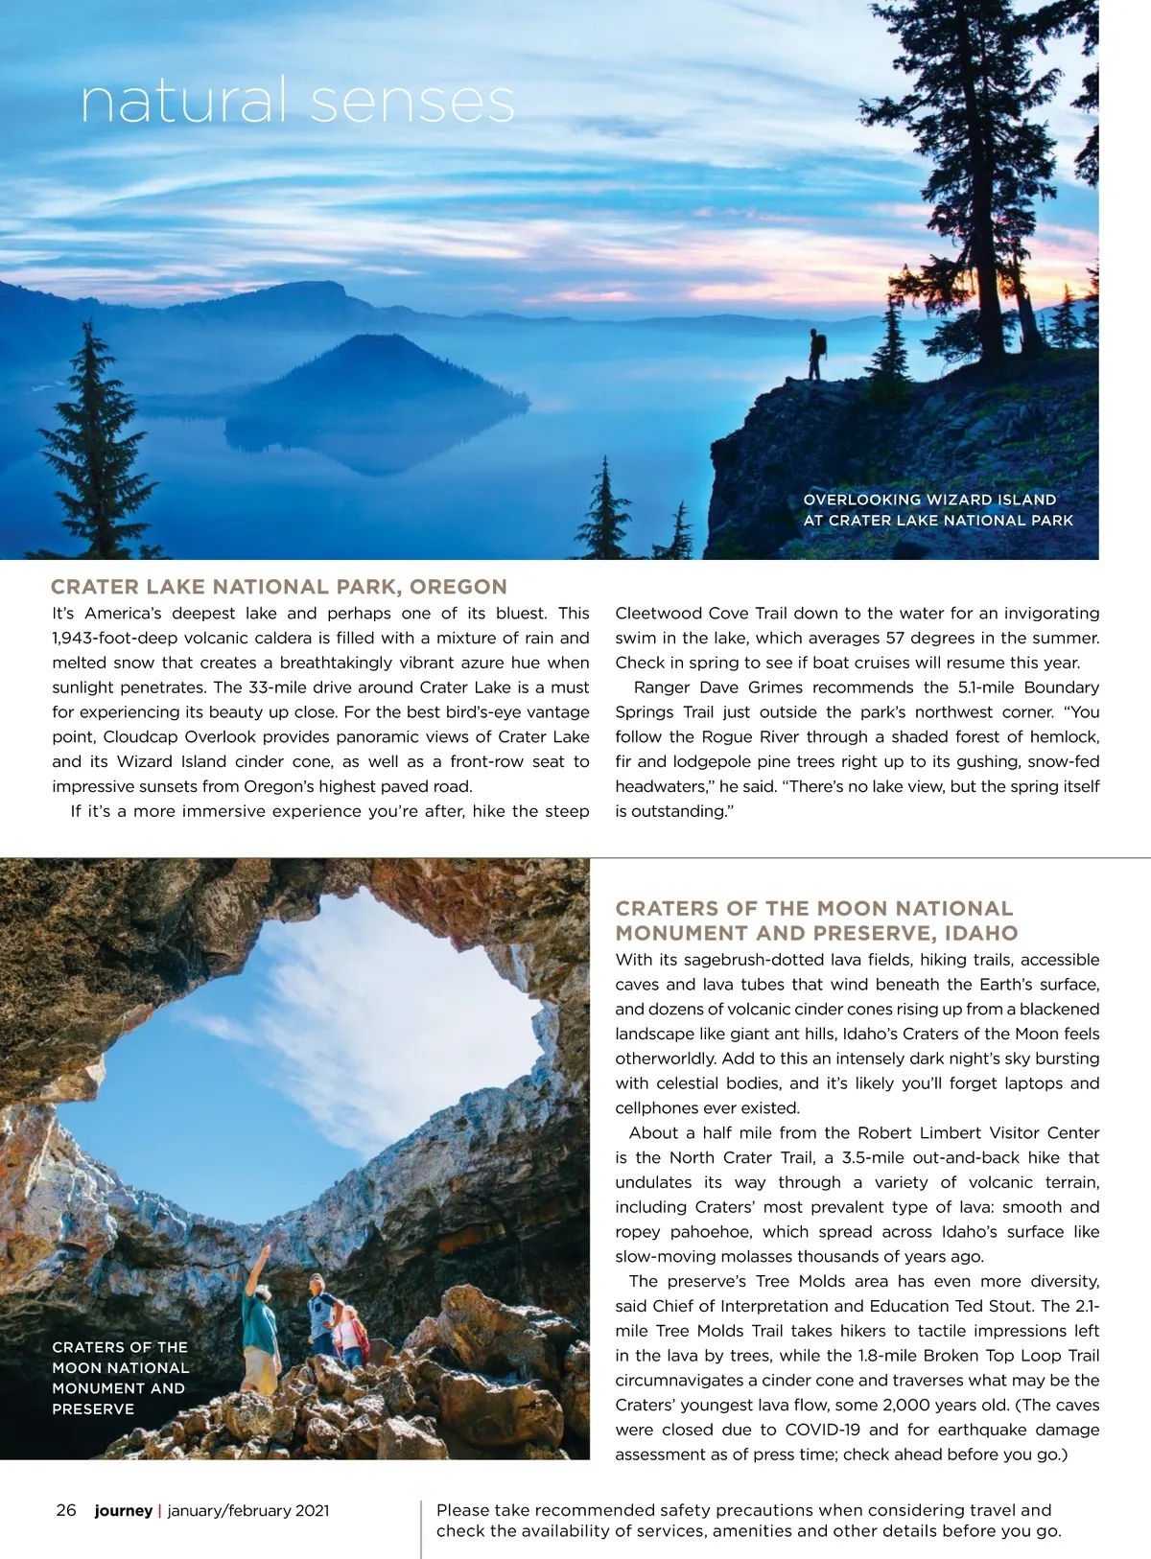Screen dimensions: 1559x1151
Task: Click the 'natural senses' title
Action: [x=297, y=102]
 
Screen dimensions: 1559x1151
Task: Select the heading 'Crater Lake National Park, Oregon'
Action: [x=279, y=587]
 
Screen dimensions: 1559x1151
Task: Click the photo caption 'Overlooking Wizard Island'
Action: [x=929, y=500]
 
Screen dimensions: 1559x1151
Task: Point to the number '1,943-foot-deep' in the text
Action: [x=114, y=639]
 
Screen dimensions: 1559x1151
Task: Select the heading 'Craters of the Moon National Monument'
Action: [x=815, y=920]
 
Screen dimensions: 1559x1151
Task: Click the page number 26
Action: [x=66, y=1510]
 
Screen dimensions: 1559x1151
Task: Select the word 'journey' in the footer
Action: [x=123, y=1511]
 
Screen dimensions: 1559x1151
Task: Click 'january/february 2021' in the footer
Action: [x=248, y=1511]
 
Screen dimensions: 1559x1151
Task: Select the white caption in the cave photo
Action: [x=120, y=1378]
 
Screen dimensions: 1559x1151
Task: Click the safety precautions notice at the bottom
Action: [x=748, y=1521]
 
